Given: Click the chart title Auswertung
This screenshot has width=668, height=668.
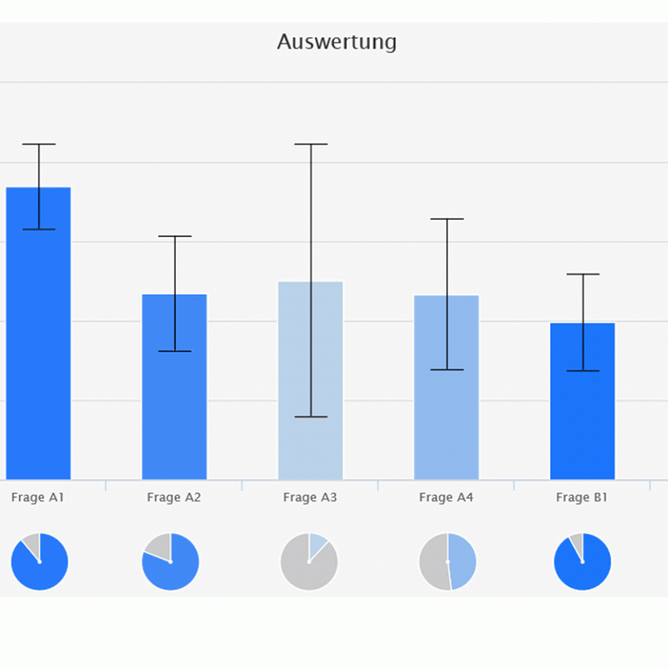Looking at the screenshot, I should point(337,42).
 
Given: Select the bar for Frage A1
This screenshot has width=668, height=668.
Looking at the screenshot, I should point(38,339).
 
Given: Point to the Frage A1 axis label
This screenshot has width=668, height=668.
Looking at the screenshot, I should point(38,498).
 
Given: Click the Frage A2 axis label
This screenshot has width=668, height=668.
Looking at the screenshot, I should point(174,498).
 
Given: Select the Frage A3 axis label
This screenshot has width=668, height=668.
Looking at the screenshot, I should point(310,498).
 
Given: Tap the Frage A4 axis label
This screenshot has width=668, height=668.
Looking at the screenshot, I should point(446,498).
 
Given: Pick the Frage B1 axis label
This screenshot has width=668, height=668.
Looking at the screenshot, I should point(582,498).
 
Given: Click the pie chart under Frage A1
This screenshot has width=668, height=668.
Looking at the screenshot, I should point(39,562).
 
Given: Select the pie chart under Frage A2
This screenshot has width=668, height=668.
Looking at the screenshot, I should point(170,562).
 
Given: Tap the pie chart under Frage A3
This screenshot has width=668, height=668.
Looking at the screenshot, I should point(309,562).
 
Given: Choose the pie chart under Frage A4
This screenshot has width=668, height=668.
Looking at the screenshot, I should point(448,562).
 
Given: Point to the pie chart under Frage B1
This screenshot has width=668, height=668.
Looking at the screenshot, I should point(583,562).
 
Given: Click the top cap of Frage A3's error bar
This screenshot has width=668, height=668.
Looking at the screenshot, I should point(311,144).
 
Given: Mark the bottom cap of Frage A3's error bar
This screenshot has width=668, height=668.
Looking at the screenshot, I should point(311,417).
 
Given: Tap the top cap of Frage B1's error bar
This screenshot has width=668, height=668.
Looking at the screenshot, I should point(583,275).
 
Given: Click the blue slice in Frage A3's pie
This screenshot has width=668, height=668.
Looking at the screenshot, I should point(316,545).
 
